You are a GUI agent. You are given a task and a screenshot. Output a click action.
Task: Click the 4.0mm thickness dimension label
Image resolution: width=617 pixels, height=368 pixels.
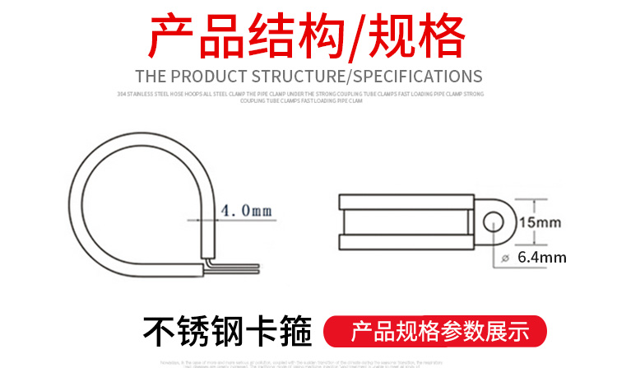(244, 211)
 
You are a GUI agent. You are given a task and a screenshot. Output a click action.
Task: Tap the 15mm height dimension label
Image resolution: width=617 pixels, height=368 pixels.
(540, 222)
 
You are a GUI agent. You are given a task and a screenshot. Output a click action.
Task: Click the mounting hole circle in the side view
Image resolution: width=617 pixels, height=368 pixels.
(494, 221)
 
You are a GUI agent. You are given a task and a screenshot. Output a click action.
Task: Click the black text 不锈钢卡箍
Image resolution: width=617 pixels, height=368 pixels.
(229, 333)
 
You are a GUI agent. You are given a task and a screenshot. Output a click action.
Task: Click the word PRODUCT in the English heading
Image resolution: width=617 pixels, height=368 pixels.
(207, 77)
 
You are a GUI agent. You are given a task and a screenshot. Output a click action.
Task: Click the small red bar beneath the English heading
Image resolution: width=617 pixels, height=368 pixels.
(308, 62)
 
